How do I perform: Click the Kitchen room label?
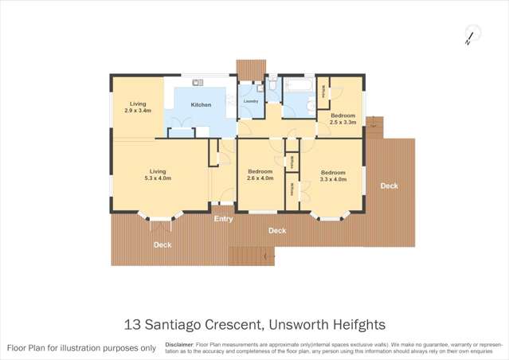point(201,105)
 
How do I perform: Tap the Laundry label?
point(250,101)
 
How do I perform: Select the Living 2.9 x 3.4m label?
point(138,108)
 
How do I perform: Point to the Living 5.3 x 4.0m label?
point(158,174)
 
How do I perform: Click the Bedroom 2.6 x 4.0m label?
point(260,175)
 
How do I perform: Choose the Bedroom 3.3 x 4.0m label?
point(333,176)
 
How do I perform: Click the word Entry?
point(224,219)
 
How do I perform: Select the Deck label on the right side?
point(389,186)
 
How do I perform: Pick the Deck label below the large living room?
point(162,245)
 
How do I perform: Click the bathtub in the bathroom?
point(300,86)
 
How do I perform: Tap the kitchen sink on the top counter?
point(198,82)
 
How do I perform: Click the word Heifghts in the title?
point(359,324)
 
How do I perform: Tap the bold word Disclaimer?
point(179,345)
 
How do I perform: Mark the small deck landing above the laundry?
point(249,68)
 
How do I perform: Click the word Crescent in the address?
point(236,324)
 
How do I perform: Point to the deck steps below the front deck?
point(251,256)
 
